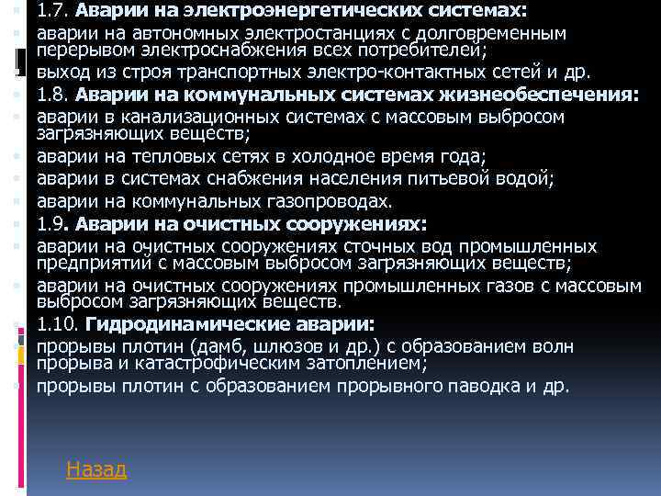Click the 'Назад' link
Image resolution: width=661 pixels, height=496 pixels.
coord(96,469)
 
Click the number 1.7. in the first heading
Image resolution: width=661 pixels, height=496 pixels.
coord(53,12)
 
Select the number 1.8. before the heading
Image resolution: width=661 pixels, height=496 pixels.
coord(53,95)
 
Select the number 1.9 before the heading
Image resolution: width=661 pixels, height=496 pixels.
coord(50,224)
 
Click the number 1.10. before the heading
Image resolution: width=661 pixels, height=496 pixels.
coord(58,324)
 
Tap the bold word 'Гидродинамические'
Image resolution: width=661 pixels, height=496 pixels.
coord(181,324)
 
